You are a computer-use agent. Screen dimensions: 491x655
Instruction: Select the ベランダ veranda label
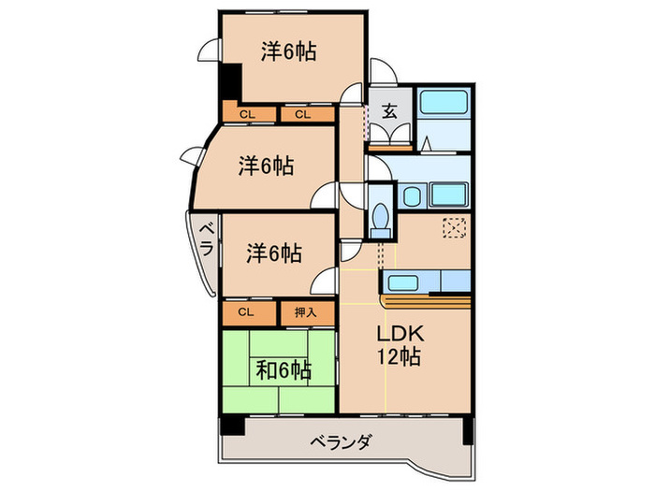pyautogui.click(x=343, y=442)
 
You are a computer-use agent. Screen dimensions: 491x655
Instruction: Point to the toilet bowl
pyautogui.click(x=380, y=219)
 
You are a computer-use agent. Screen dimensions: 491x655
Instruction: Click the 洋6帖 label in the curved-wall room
pyautogui.click(x=266, y=166)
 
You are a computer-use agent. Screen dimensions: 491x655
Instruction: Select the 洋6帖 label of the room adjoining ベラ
pyautogui.click(x=273, y=253)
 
